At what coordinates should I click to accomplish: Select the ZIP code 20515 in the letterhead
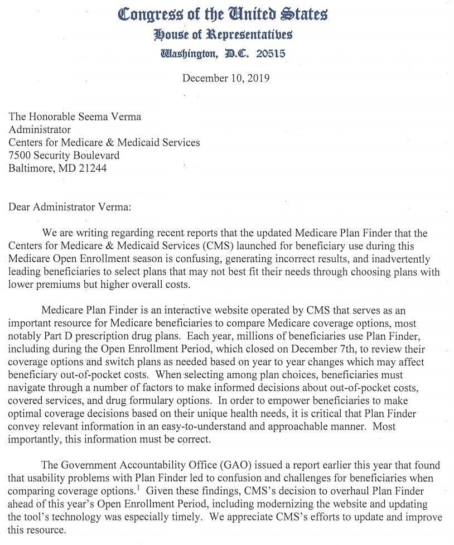pyautogui.click(x=271, y=54)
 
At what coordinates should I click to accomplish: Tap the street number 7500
pyautogui.click(x=20, y=156)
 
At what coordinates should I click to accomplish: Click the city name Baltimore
pyautogui.click(x=31, y=168)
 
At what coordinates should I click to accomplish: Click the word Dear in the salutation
pyautogui.click(x=20, y=208)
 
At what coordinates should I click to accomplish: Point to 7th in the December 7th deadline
pyautogui.click(x=333, y=350)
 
